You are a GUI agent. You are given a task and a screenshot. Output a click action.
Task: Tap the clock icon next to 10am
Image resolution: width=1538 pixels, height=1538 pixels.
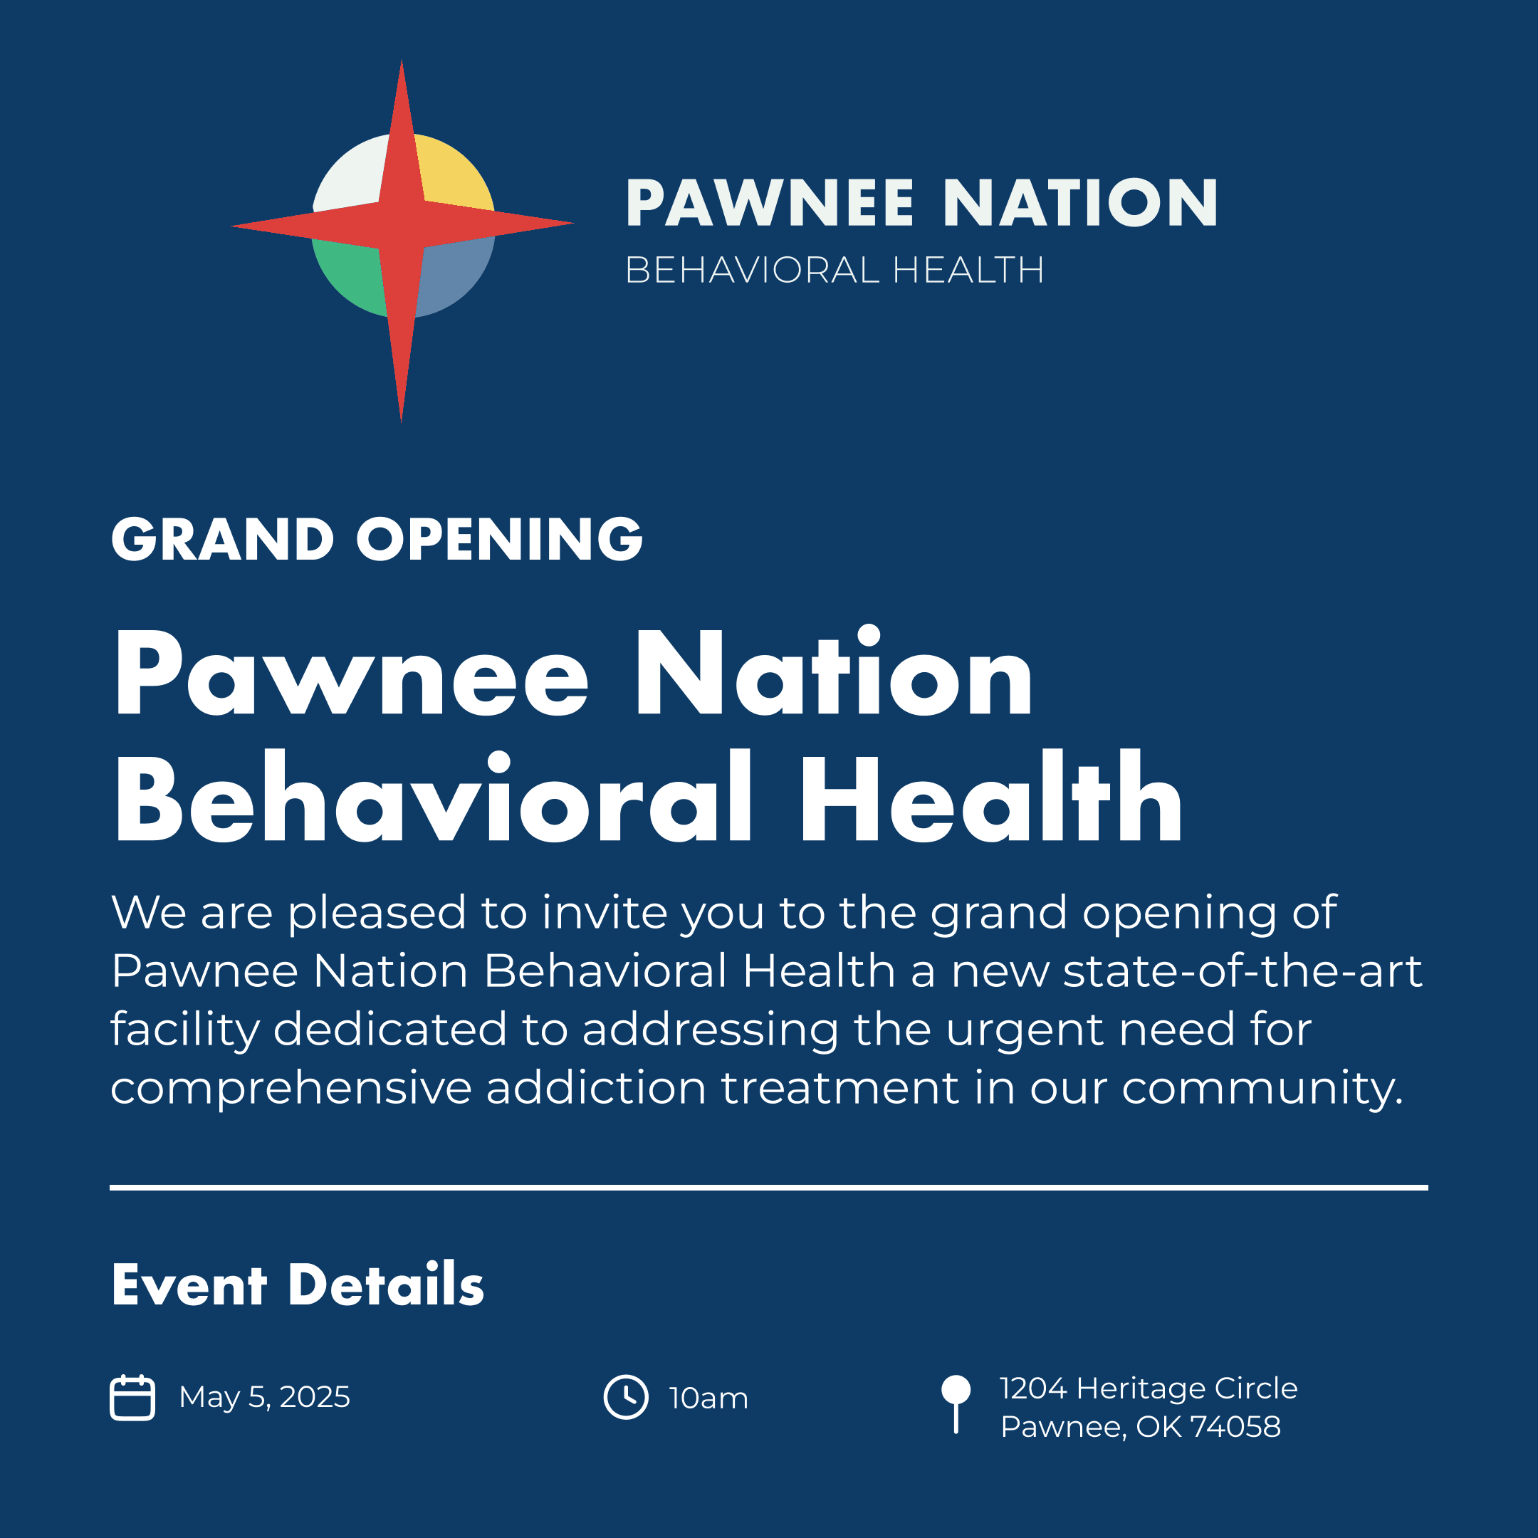coord(626,1397)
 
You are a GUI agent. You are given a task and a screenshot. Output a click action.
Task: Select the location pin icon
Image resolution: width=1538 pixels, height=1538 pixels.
coord(956,1404)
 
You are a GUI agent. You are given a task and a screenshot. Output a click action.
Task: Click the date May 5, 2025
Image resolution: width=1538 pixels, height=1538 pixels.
coord(264,1397)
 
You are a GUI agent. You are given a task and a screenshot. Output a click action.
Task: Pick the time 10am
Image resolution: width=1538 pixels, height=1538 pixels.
coord(708,1398)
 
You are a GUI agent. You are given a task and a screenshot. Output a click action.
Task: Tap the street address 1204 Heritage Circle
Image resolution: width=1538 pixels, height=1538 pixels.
coord(1149,1388)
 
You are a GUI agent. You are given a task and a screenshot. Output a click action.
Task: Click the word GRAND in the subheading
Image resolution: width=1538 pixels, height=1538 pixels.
coord(222,539)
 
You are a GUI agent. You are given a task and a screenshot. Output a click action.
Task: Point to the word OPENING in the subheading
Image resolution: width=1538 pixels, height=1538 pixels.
coord(499,539)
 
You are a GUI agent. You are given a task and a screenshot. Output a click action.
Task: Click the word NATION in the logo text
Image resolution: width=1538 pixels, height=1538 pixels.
coord(1080,203)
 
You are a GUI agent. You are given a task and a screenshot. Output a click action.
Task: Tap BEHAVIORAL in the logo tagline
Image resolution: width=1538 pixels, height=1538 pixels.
coord(753,270)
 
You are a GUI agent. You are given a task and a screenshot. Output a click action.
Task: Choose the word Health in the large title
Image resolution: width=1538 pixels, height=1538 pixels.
coord(992,796)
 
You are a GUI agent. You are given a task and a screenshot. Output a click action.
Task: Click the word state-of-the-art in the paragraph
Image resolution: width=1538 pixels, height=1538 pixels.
coord(1243,971)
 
